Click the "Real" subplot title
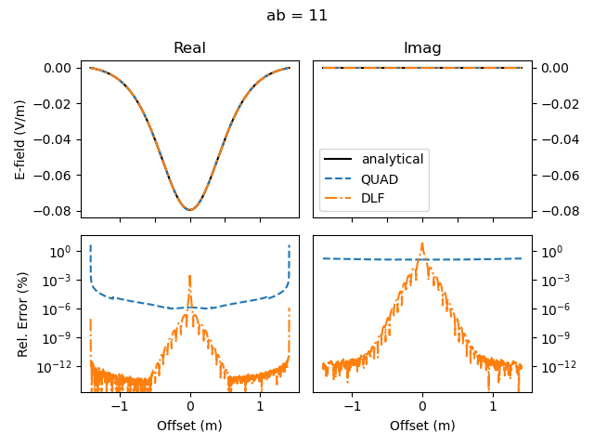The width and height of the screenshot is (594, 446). (x=189, y=48)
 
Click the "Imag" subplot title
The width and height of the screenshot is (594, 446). (x=422, y=48)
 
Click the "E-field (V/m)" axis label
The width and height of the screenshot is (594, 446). (x=20, y=139)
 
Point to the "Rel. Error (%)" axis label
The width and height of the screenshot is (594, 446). (x=20, y=313)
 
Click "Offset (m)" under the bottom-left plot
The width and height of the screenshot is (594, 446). (x=189, y=426)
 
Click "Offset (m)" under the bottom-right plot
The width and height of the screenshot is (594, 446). (x=422, y=426)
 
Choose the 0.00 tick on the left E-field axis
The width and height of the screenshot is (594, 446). (x=58, y=68)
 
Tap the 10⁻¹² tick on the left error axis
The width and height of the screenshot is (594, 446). (x=58, y=367)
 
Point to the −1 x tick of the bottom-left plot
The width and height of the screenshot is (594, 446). (x=120, y=406)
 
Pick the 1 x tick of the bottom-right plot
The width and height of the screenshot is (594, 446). (x=493, y=406)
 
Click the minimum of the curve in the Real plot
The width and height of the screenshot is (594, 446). (x=190, y=210)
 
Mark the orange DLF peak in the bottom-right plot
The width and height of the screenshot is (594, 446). (x=422, y=244)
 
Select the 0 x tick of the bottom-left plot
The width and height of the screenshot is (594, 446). (x=190, y=406)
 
